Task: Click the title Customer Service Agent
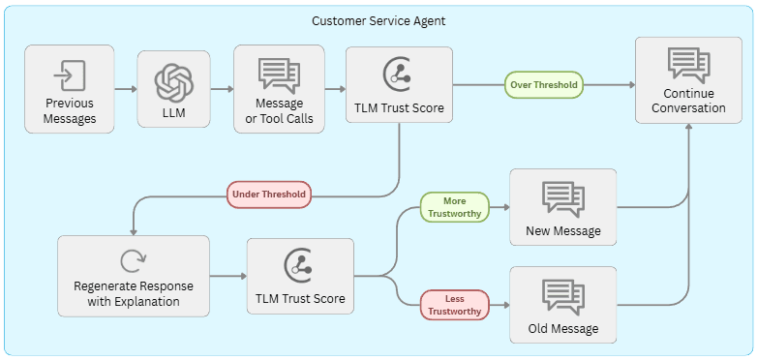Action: click(x=378, y=20)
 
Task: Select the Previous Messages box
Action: click(x=70, y=89)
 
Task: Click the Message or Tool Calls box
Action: click(x=279, y=89)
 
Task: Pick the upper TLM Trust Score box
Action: click(x=399, y=89)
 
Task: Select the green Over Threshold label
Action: click(x=543, y=84)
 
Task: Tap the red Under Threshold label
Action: click(x=268, y=195)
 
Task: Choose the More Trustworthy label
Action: click(x=454, y=207)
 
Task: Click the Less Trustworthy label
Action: click(x=454, y=305)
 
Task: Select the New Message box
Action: click(x=562, y=207)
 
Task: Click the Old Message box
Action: click(x=562, y=305)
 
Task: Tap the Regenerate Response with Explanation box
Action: click(x=134, y=276)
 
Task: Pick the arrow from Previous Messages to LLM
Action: click(x=125, y=89)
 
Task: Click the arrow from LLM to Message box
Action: click(x=222, y=89)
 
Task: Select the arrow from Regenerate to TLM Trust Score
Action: click(x=227, y=277)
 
